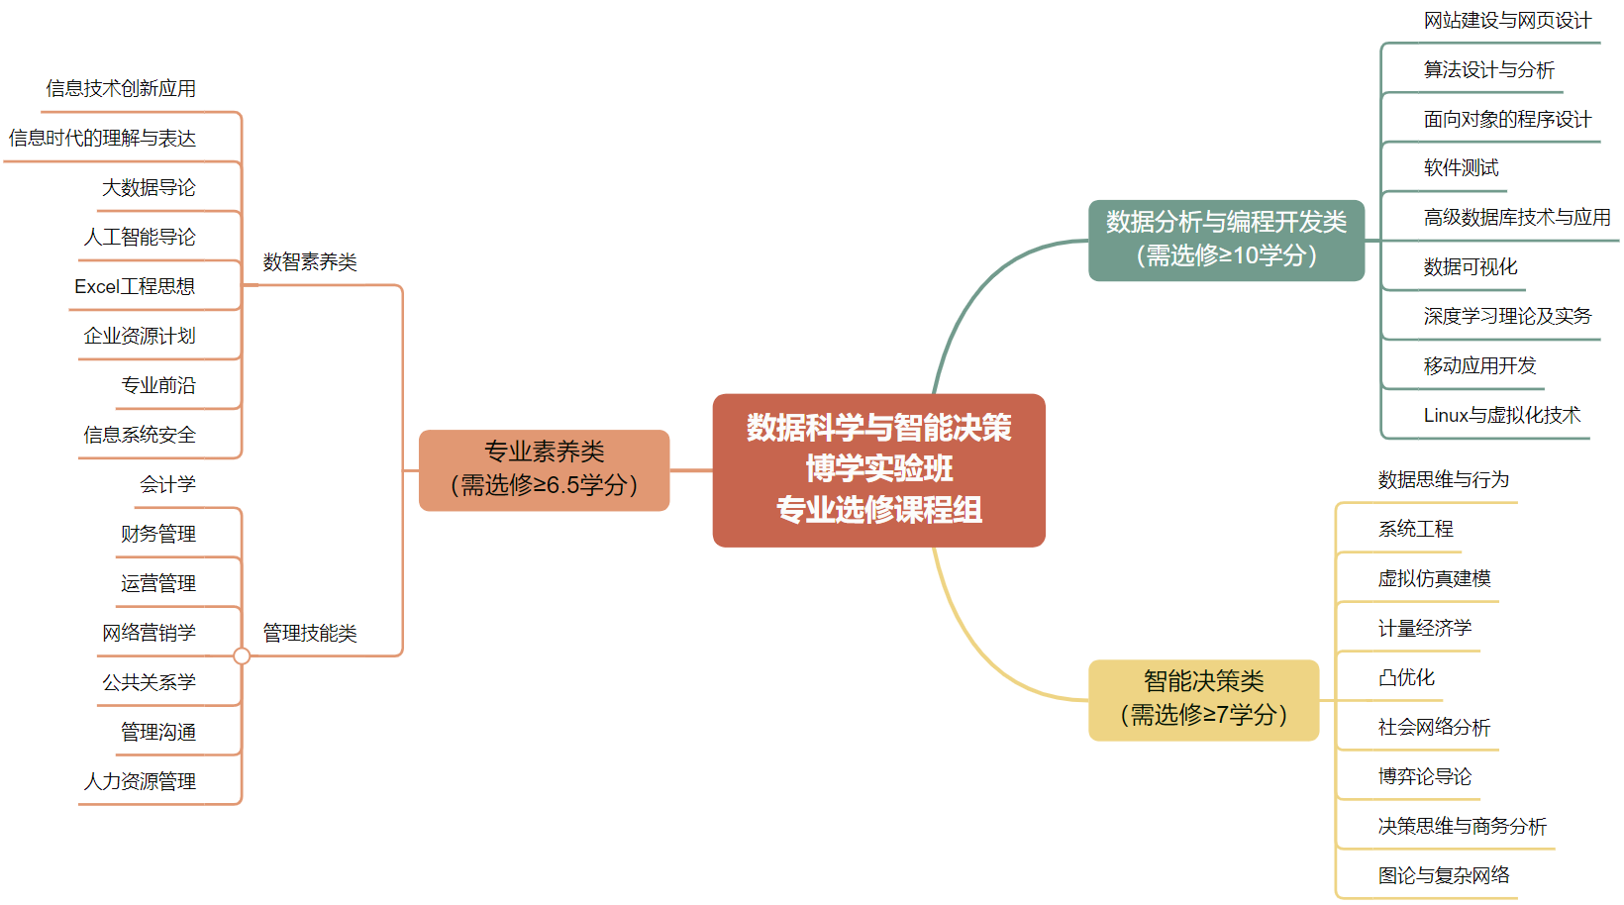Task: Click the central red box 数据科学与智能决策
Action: [878, 469]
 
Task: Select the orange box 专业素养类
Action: [544, 469]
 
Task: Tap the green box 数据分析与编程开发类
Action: [1226, 240]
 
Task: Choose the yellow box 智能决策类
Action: [1203, 699]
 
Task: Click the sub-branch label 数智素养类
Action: [309, 262]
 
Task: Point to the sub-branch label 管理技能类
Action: [309, 633]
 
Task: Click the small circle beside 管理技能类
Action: [242, 655]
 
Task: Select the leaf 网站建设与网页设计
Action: [1507, 21]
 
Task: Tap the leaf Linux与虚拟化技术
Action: [1501, 416]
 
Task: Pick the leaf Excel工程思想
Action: [135, 286]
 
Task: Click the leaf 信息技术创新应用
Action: [121, 88]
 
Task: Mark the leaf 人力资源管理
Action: [140, 781]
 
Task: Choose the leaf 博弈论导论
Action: [1424, 776]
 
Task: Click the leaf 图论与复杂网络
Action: [1444, 875]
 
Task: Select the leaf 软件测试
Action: [1461, 168]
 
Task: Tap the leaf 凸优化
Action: [1406, 677]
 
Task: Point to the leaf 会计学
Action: [167, 484]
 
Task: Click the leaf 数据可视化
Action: [1470, 267]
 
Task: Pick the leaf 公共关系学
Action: [149, 682]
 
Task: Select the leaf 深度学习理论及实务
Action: [1507, 317]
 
